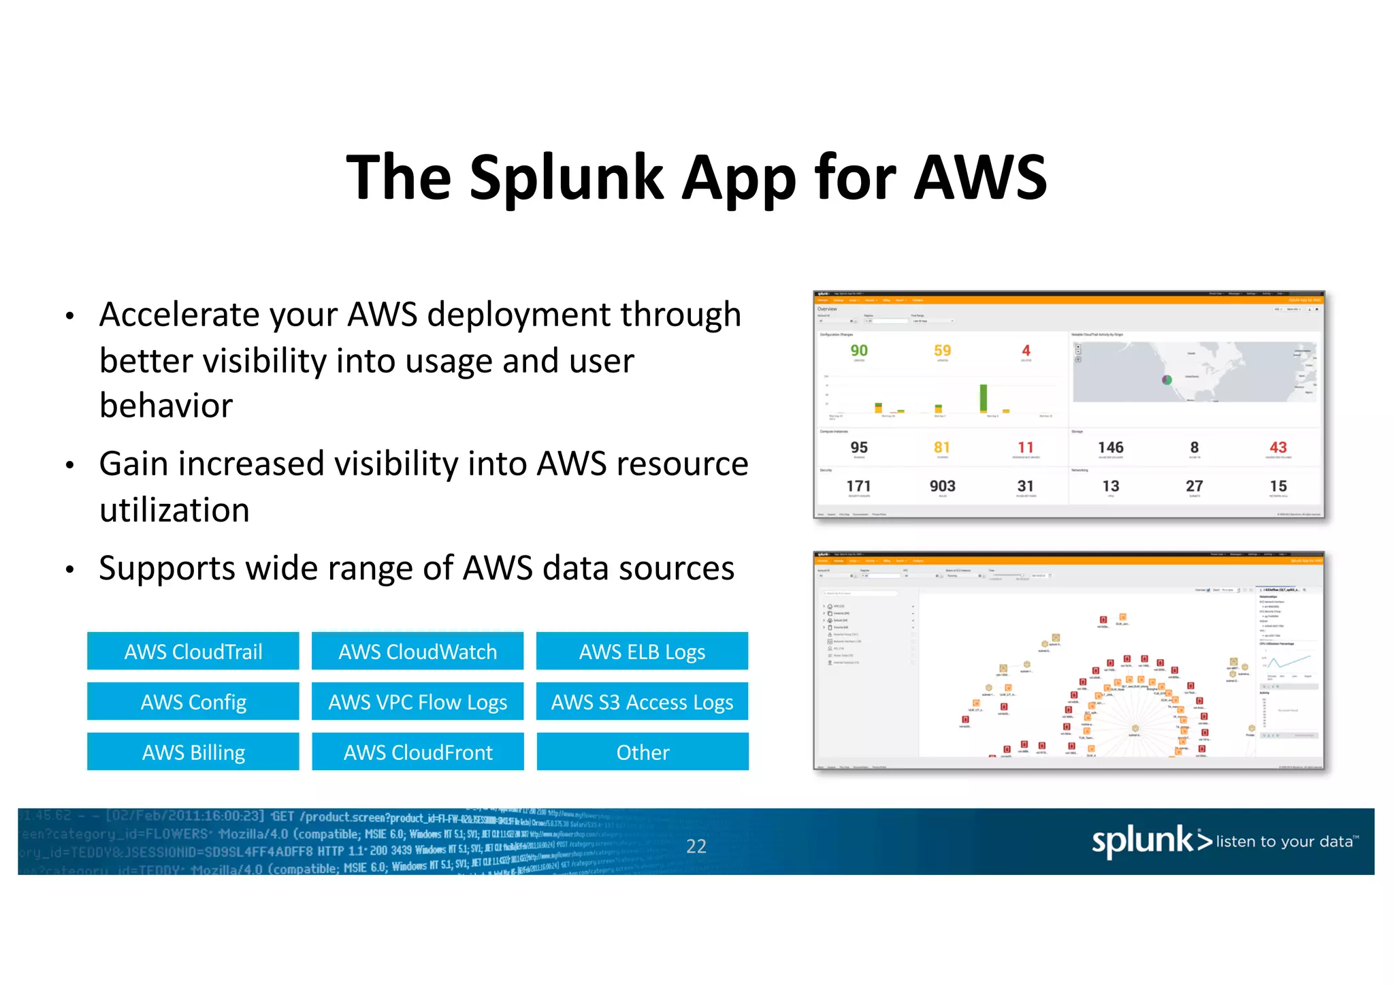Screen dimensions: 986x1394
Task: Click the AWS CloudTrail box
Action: pyautogui.click(x=193, y=651)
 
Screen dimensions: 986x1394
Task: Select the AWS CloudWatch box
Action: pyautogui.click(x=417, y=651)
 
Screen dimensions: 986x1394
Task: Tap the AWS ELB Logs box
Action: pyautogui.click(x=642, y=651)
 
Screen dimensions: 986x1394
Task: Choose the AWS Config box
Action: pyautogui.click(x=193, y=701)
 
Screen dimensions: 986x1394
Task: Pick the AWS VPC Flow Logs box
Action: pyautogui.click(x=417, y=701)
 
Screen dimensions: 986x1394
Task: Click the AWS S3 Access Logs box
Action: pyautogui.click(x=642, y=701)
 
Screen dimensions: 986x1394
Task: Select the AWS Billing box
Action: pyautogui.click(x=193, y=752)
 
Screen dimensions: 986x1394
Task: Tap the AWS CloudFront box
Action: pyautogui.click(x=417, y=752)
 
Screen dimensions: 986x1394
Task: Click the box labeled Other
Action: pyautogui.click(x=642, y=752)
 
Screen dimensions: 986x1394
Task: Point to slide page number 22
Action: pyautogui.click(x=696, y=846)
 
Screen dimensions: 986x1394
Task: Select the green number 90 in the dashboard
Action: pyautogui.click(x=858, y=351)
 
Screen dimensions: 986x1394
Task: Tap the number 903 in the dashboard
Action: pyautogui.click(x=942, y=486)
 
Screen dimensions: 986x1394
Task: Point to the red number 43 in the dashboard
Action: pyautogui.click(x=1278, y=447)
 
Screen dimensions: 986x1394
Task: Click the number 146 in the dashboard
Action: pyautogui.click(x=1110, y=447)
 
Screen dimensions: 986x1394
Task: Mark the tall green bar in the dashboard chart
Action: pyautogui.click(x=983, y=398)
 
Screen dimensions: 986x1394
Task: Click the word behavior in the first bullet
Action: pyautogui.click(x=166, y=406)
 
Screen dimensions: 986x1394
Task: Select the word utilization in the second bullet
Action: pyautogui.click(x=174, y=510)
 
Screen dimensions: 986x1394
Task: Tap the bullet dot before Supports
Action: pyautogui.click(x=69, y=569)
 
